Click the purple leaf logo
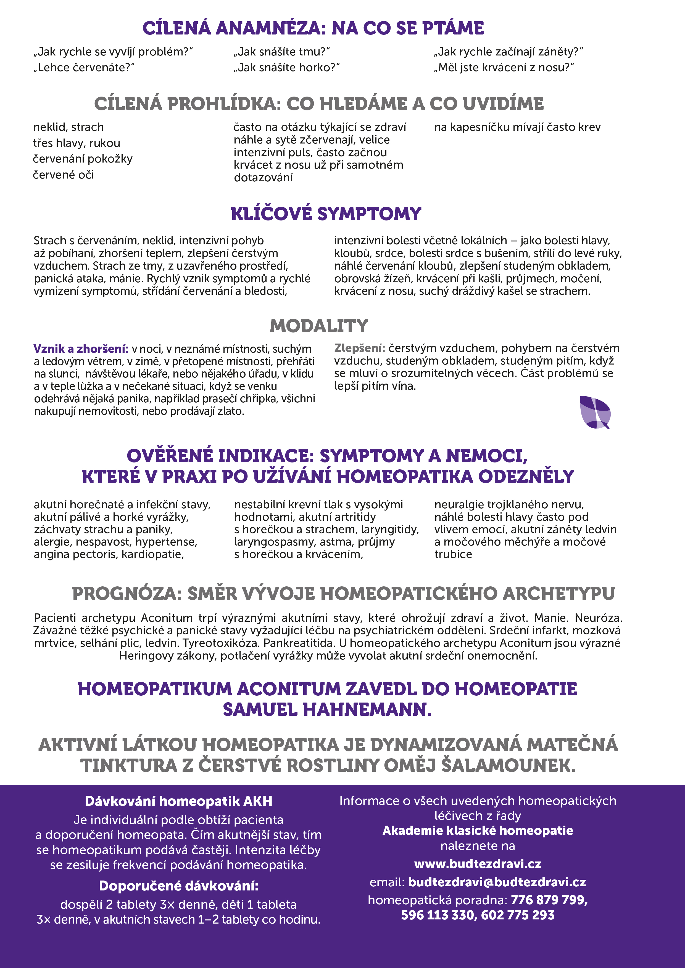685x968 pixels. click(x=595, y=412)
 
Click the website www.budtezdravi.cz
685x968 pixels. click(x=478, y=864)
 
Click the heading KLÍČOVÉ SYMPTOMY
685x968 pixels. click(x=326, y=214)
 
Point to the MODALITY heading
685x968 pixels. click(x=319, y=326)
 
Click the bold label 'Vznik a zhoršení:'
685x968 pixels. click(x=81, y=349)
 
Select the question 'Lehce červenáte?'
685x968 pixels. click(x=84, y=67)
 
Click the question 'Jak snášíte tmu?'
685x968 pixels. click(x=281, y=52)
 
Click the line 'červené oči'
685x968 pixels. click(x=63, y=175)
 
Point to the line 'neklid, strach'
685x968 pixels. click(x=68, y=127)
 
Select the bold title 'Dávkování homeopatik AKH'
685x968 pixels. click(x=178, y=801)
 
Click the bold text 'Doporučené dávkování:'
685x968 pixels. click(x=178, y=886)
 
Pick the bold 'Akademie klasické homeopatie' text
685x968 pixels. click(x=478, y=831)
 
